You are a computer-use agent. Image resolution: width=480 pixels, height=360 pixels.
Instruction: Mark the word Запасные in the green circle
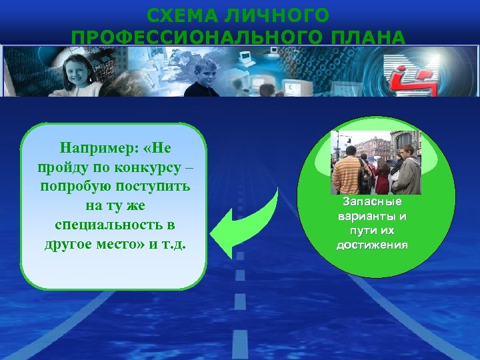pyautogui.click(x=373, y=202)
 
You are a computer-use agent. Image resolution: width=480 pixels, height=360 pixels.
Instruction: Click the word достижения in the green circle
pyautogui.click(x=373, y=245)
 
